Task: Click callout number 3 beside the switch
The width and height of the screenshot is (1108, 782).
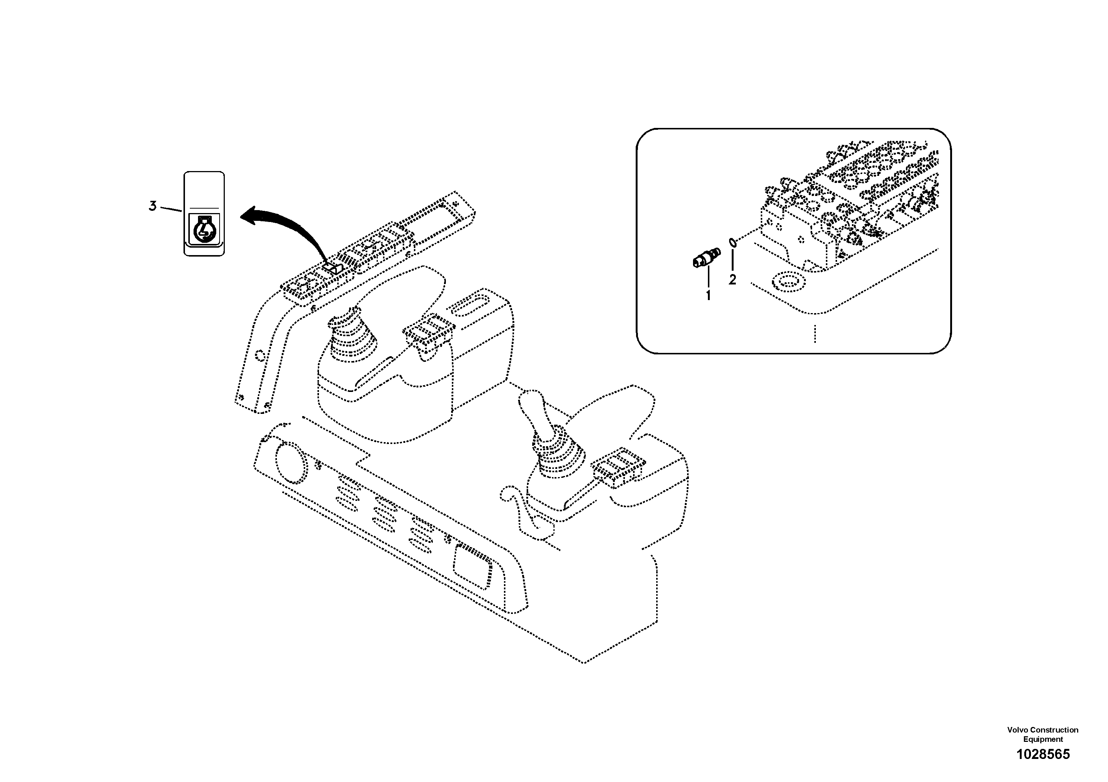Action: coord(153,206)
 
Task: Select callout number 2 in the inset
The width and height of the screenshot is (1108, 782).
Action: coord(732,280)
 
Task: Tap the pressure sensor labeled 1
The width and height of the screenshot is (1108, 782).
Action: coord(706,257)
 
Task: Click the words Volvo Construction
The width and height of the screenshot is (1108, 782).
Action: coord(1042,730)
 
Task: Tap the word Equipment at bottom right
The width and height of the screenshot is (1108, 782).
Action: coord(1043,740)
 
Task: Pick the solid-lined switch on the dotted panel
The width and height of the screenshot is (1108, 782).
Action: coord(333,268)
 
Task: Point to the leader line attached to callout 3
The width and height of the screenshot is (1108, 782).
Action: coord(170,209)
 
